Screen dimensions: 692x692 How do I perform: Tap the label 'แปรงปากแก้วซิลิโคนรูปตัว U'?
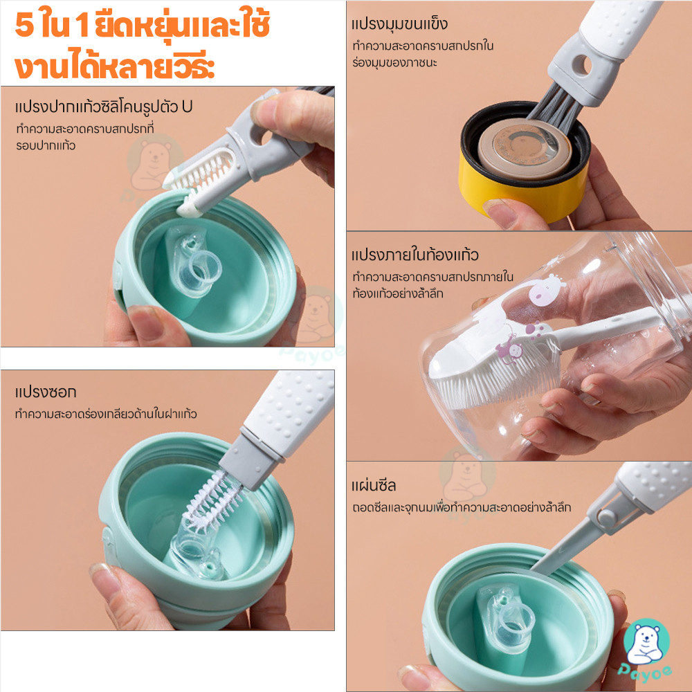point(103,107)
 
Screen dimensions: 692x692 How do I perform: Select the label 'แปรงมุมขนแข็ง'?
point(399,24)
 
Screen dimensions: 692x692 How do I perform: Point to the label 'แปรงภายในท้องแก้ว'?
point(415,255)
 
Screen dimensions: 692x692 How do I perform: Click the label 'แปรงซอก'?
point(46,392)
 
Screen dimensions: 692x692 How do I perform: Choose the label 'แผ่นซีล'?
point(374,486)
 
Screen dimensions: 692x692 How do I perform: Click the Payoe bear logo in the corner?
point(646,650)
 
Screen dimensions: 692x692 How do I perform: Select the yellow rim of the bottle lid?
point(523,190)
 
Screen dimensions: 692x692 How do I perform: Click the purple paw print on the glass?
point(535,328)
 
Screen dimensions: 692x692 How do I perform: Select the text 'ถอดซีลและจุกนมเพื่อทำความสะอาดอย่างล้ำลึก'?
point(462,507)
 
